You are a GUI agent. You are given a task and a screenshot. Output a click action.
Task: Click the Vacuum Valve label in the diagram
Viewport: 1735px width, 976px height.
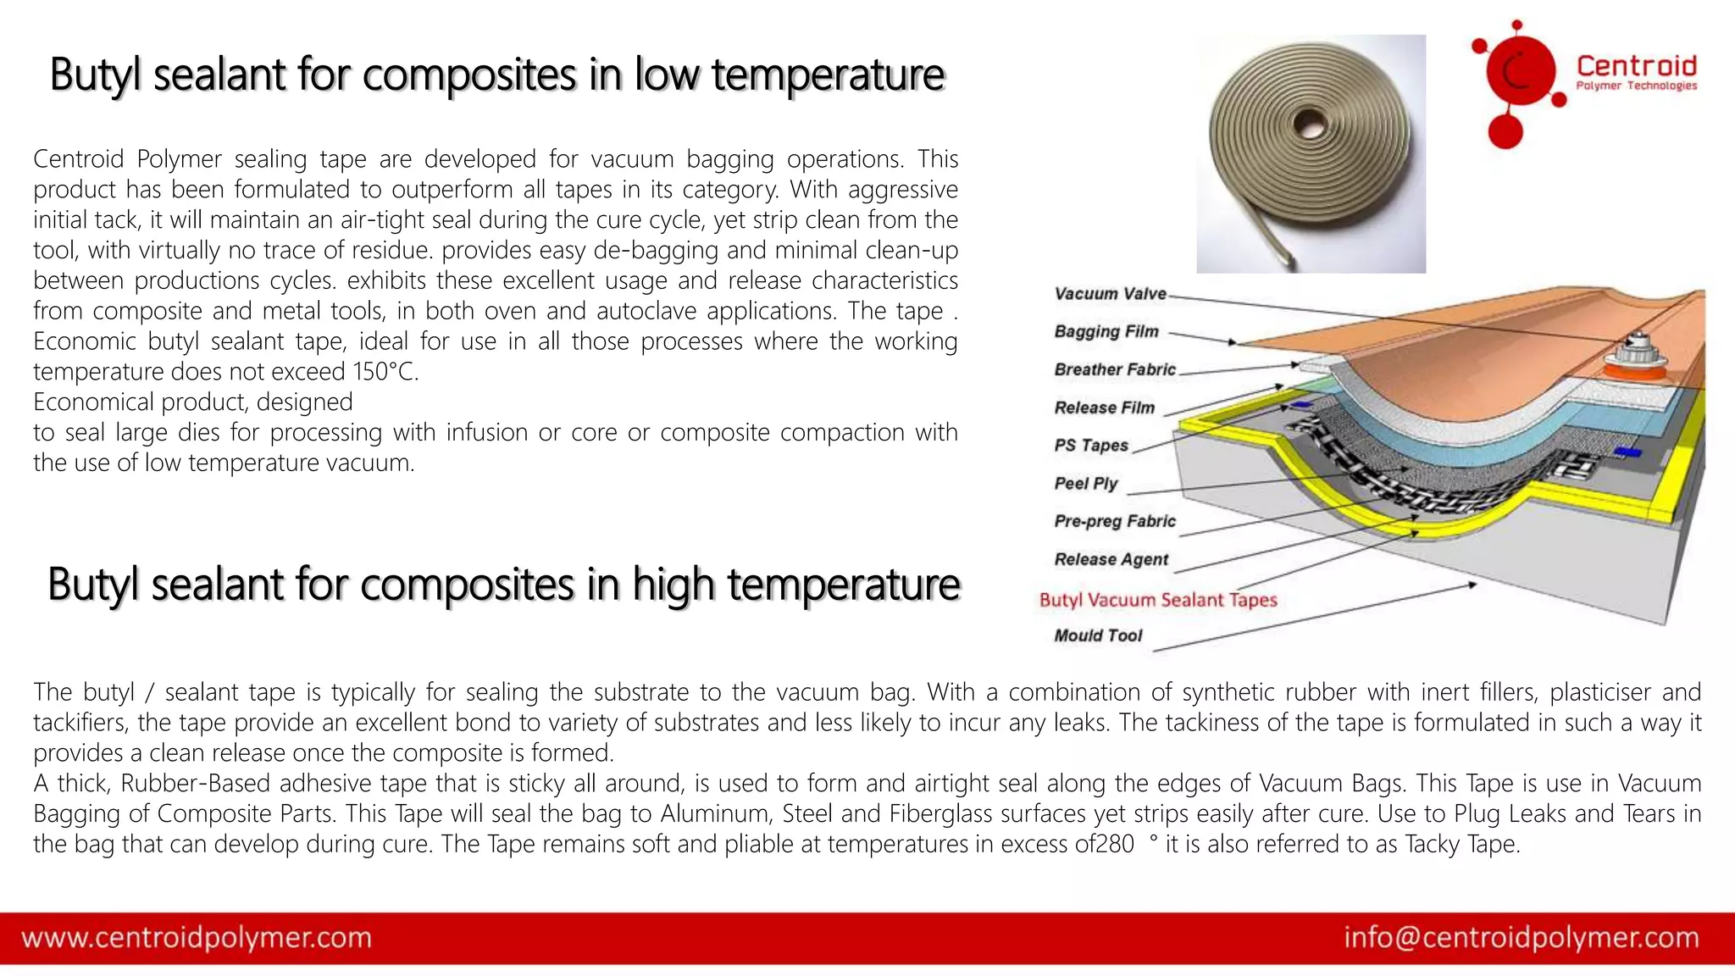(x=1110, y=294)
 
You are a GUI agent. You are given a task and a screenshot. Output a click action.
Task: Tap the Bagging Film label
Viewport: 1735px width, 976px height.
(x=1106, y=331)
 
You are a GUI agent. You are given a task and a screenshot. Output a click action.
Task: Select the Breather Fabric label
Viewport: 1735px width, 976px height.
(x=1115, y=369)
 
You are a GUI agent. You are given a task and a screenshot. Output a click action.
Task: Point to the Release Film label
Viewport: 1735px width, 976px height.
(x=1104, y=408)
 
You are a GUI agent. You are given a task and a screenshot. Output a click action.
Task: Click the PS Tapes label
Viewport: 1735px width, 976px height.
(x=1091, y=446)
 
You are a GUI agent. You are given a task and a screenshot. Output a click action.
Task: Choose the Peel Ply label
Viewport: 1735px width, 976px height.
(x=1086, y=484)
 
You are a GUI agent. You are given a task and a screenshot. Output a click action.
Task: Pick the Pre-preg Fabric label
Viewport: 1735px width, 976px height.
(x=1115, y=521)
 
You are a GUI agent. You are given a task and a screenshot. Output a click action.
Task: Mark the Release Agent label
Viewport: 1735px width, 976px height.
(x=1111, y=559)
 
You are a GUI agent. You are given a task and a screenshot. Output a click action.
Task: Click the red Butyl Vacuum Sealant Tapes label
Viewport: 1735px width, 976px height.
(x=1157, y=600)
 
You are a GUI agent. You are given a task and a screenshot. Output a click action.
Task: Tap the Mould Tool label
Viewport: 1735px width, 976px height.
(x=1098, y=635)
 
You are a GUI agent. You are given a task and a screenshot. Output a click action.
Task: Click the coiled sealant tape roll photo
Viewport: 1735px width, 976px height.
(x=1310, y=153)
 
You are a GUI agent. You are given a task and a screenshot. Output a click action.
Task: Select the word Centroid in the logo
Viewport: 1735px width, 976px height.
(x=1636, y=66)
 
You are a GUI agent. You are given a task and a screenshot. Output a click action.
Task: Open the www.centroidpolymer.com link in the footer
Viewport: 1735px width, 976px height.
(x=197, y=938)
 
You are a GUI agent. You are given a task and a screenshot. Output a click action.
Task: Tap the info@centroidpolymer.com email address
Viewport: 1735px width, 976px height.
(x=1521, y=938)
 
